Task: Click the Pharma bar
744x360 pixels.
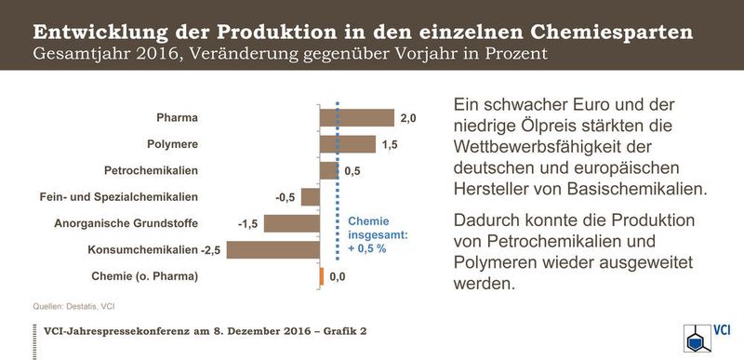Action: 356,117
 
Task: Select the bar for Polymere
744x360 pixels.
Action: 347,144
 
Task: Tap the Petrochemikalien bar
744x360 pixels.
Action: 328,170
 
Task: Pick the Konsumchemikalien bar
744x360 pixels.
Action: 272,249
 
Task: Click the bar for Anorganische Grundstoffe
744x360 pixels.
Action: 291,223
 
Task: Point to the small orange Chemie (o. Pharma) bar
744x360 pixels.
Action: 321,276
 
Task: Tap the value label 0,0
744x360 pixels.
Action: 338,277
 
